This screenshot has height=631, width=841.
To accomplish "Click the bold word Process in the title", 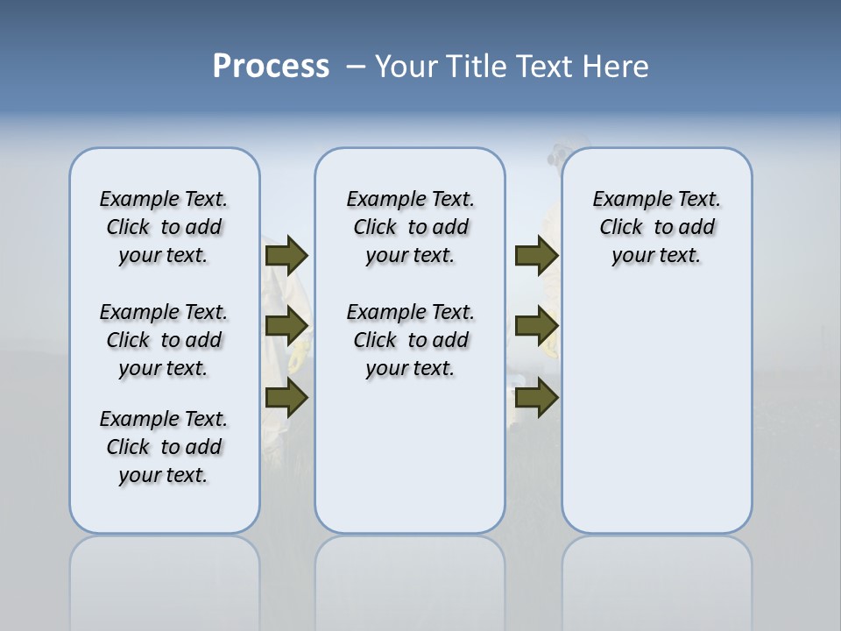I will [271, 67].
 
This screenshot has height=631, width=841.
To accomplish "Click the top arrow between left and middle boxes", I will [286, 255].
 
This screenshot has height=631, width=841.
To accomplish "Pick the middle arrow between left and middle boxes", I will [286, 326].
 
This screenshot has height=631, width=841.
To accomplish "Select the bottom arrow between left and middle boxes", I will [286, 398].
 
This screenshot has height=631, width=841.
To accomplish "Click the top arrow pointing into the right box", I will [536, 255].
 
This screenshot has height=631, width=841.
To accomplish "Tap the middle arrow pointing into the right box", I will [536, 326].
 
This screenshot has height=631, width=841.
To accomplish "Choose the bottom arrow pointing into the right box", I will [536, 398].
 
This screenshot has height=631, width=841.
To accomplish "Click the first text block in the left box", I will [164, 227].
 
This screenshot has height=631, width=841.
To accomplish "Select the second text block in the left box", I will [164, 340].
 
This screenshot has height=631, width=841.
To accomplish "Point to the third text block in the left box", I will [164, 447].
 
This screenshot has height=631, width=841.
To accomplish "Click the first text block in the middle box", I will [411, 227].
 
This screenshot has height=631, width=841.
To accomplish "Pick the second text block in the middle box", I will [411, 340].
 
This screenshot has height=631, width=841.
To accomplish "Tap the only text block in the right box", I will [657, 227].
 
